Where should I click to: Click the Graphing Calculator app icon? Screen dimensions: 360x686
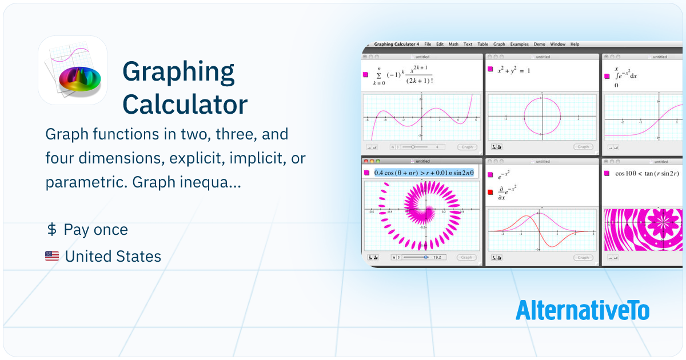point(73,70)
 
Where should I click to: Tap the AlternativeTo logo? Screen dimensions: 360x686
point(583,310)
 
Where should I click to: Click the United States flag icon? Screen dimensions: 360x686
point(52,257)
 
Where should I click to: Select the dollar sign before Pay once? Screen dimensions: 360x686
point(51,230)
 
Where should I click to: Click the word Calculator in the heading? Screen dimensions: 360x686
point(185,104)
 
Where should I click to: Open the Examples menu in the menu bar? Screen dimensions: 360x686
point(519,44)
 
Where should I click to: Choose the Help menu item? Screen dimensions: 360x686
point(575,44)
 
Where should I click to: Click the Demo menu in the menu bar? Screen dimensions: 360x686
point(539,44)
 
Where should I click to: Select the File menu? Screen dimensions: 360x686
point(428,44)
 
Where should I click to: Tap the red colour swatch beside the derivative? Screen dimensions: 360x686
point(490,192)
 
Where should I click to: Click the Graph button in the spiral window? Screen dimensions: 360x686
point(466,258)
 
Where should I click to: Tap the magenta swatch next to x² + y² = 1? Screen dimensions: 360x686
point(490,70)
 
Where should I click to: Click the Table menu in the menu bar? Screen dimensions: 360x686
point(482,44)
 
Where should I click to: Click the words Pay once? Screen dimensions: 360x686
point(96,230)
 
